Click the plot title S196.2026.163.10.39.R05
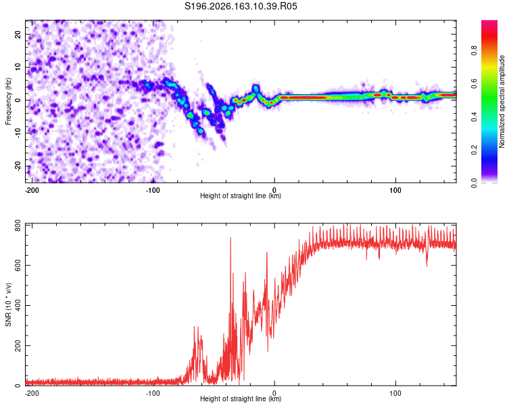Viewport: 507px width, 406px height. pos(241,6)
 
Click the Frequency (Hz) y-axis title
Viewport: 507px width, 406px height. pos(8,101)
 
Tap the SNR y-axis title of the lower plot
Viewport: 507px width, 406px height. pos(8,304)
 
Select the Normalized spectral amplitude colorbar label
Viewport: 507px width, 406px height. pos(502,101)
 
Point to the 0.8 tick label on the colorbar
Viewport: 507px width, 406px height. pos(474,51)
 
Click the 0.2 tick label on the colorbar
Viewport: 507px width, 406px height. pos(474,150)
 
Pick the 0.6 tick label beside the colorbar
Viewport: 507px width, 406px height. pos(474,83)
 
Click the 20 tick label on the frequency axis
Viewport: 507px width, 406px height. pos(18,34)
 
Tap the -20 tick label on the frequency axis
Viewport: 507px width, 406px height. pos(18,166)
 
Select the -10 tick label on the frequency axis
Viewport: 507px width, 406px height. pos(18,133)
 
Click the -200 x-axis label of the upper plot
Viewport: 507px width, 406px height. pos(31,190)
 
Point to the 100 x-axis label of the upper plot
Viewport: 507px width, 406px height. pos(395,190)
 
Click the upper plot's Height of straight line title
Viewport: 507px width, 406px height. pos(241,196)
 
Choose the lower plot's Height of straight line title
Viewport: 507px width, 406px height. pos(241,399)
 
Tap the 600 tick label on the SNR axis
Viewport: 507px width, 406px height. pos(18,265)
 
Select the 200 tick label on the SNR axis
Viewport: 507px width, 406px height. pos(18,346)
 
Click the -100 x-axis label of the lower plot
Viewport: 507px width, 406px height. pos(153,393)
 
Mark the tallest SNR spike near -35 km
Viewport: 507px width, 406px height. pos(231,238)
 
